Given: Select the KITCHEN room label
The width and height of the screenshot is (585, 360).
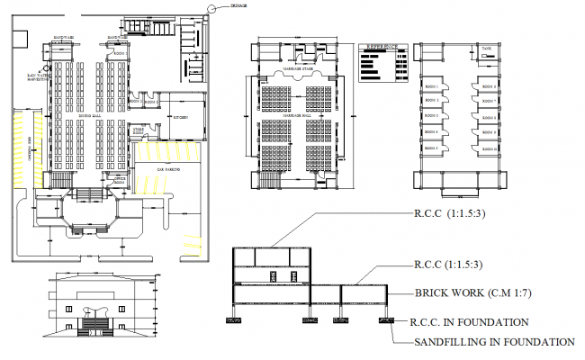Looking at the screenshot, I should [x=178, y=117].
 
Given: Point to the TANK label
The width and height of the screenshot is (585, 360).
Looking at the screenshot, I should [x=484, y=49].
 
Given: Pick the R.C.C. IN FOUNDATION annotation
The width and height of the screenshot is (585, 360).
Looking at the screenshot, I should [x=467, y=321].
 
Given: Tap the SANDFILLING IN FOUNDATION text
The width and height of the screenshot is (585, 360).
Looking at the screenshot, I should [x=493, y=342].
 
